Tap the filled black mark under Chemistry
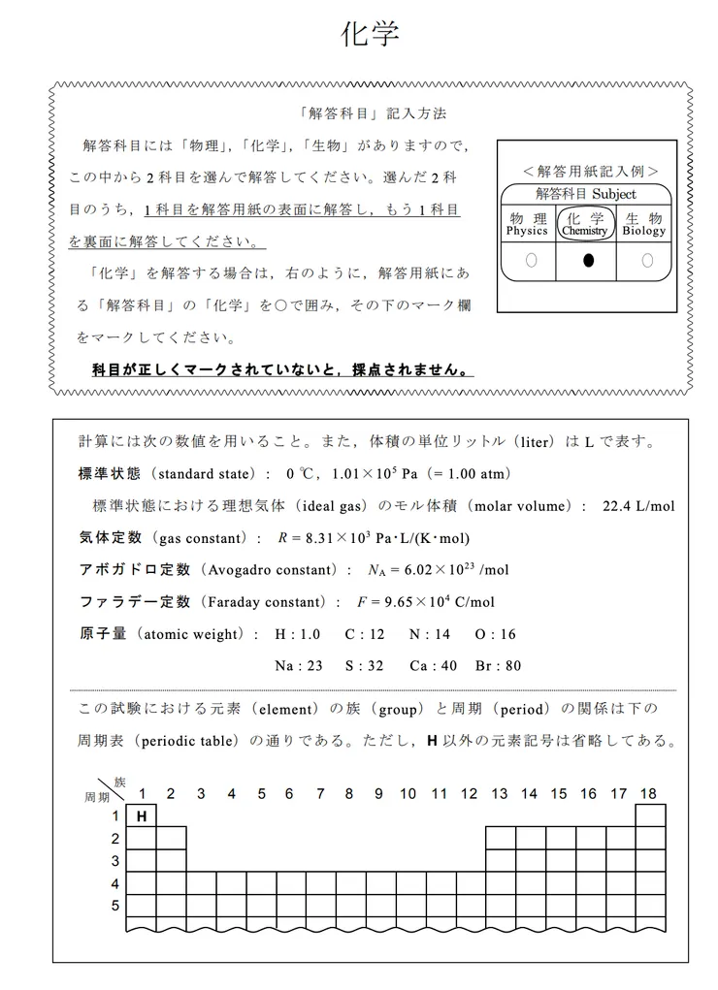pyautogui.click(x=588, y=260)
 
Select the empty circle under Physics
pyautogui.click(x=530, y=260)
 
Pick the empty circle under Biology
pyautogui.click(x=646, y=260)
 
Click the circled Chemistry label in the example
pyautogui.click(x=585, y=225)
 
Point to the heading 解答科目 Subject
pyautogui.click(x=585, y=194)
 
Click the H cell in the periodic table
pyautogui.click(x=142, y=816)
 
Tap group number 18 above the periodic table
pyautogui.click(x=647, y=793)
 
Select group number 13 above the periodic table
pyautogui.click(x=499, y=793)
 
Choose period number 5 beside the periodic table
pyautogui.click(x=115, y=906)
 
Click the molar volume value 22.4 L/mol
pyautogui.click(x=638, y=506)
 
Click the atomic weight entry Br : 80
pyautogui.click(x=498, y=666)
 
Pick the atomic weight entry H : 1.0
pyautogui.click(x=297, y=634)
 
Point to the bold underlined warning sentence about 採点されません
pyautogui.click(x=282, y=369)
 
